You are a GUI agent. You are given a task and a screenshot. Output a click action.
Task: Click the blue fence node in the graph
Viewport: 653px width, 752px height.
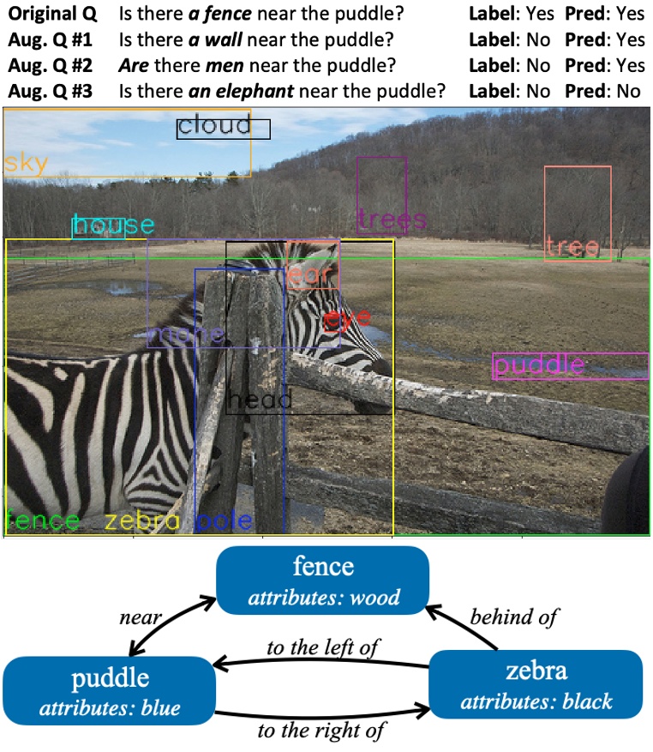(322, 580)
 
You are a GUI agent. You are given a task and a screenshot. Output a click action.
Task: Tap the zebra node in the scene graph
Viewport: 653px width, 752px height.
(536, 684)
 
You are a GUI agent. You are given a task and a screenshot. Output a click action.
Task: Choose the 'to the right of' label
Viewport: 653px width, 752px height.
(322, 731)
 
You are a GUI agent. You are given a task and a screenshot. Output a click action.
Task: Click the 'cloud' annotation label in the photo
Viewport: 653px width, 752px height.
(215, 126)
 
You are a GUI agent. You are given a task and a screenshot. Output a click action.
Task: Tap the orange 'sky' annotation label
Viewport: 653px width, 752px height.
(26, 164)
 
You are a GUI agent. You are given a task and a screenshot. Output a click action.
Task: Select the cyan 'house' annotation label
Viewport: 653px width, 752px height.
(113, 226)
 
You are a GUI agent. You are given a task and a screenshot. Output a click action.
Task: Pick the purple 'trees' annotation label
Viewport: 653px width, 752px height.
(392, 220)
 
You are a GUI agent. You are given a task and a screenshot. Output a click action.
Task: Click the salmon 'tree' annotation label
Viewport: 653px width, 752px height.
(572, 248)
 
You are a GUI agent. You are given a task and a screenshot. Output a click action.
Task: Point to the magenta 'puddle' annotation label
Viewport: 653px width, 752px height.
(540, 365)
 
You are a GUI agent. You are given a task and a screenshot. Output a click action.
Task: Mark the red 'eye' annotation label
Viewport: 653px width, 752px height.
(347, 320)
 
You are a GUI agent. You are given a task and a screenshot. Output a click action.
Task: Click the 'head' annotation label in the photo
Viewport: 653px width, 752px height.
(261, 400)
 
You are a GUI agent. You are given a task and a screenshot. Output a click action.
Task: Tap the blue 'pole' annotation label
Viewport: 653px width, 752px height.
(225, 520)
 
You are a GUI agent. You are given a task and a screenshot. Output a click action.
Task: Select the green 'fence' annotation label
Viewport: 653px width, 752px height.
(43, 520)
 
